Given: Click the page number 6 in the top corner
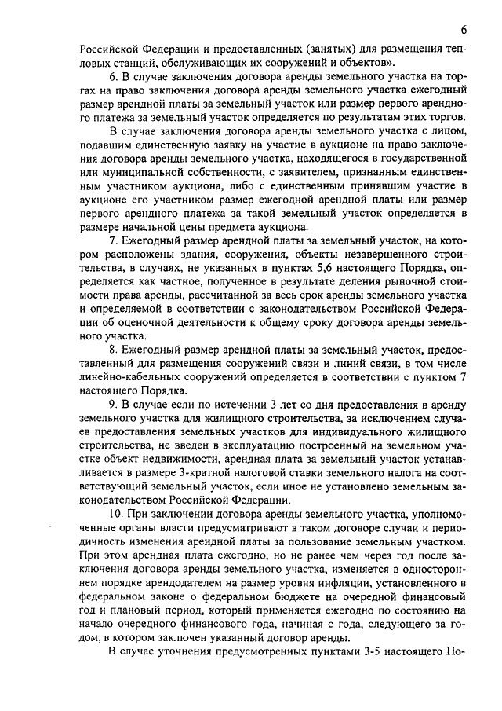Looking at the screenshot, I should (464, 29).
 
